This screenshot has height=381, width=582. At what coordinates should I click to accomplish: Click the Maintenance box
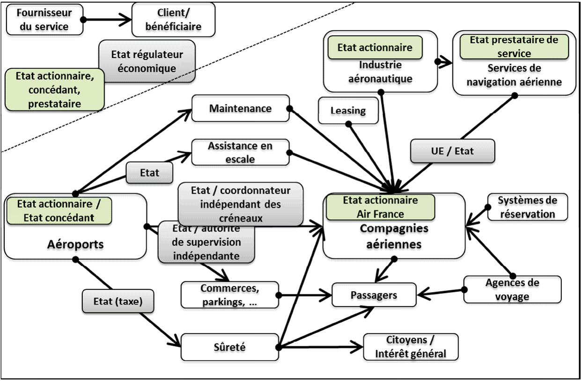(x=240, y=109)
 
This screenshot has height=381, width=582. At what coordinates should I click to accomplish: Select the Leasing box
(x=348, y=111)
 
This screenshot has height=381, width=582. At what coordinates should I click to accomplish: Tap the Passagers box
(x=374, y=296)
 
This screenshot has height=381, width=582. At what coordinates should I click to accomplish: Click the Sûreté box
(x=229, y=347)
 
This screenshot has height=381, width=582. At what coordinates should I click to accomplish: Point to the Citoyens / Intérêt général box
(x=410, y=347)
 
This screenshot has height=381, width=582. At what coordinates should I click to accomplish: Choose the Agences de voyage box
(x=512, y=289)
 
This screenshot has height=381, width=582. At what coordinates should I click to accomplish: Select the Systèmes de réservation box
(x=527, y=207)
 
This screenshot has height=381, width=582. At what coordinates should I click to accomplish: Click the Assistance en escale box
(x=240, y=152)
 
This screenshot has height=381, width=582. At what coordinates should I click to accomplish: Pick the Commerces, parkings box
(x=229, y=294)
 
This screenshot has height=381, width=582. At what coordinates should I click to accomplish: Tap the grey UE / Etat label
(x=452, y=151)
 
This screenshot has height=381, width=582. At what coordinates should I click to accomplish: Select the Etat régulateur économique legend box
(x=147, y=61)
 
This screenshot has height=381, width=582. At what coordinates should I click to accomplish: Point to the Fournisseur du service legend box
(x=44, y=19)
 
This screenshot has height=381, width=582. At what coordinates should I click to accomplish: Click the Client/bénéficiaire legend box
(x=173, y=19)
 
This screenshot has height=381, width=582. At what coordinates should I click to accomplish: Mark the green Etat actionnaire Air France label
(x=380, y=207)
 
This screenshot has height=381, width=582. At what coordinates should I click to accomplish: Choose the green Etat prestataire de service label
(x=514, y=46)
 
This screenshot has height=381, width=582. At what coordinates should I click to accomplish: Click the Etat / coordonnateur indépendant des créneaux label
(x=241, y=204)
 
